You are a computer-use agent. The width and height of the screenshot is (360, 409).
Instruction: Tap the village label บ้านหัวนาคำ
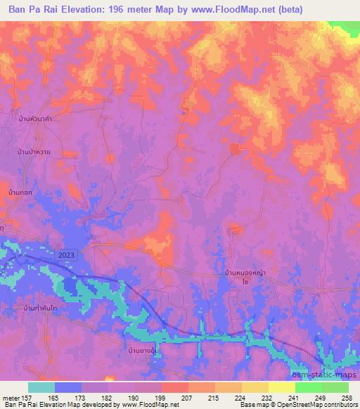[x=34, y=120]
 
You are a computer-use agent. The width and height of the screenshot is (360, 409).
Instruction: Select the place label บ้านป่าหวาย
[x=34, y=152]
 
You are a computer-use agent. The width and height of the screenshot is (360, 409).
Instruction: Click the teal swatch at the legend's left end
[x=41, y=387]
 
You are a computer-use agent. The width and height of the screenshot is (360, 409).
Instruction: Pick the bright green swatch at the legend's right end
[x=335, y=387]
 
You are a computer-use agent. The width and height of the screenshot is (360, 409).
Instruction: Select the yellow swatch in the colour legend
[x=255, y=387]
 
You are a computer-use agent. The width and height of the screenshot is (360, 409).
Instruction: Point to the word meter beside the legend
[x=9, y=397]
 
